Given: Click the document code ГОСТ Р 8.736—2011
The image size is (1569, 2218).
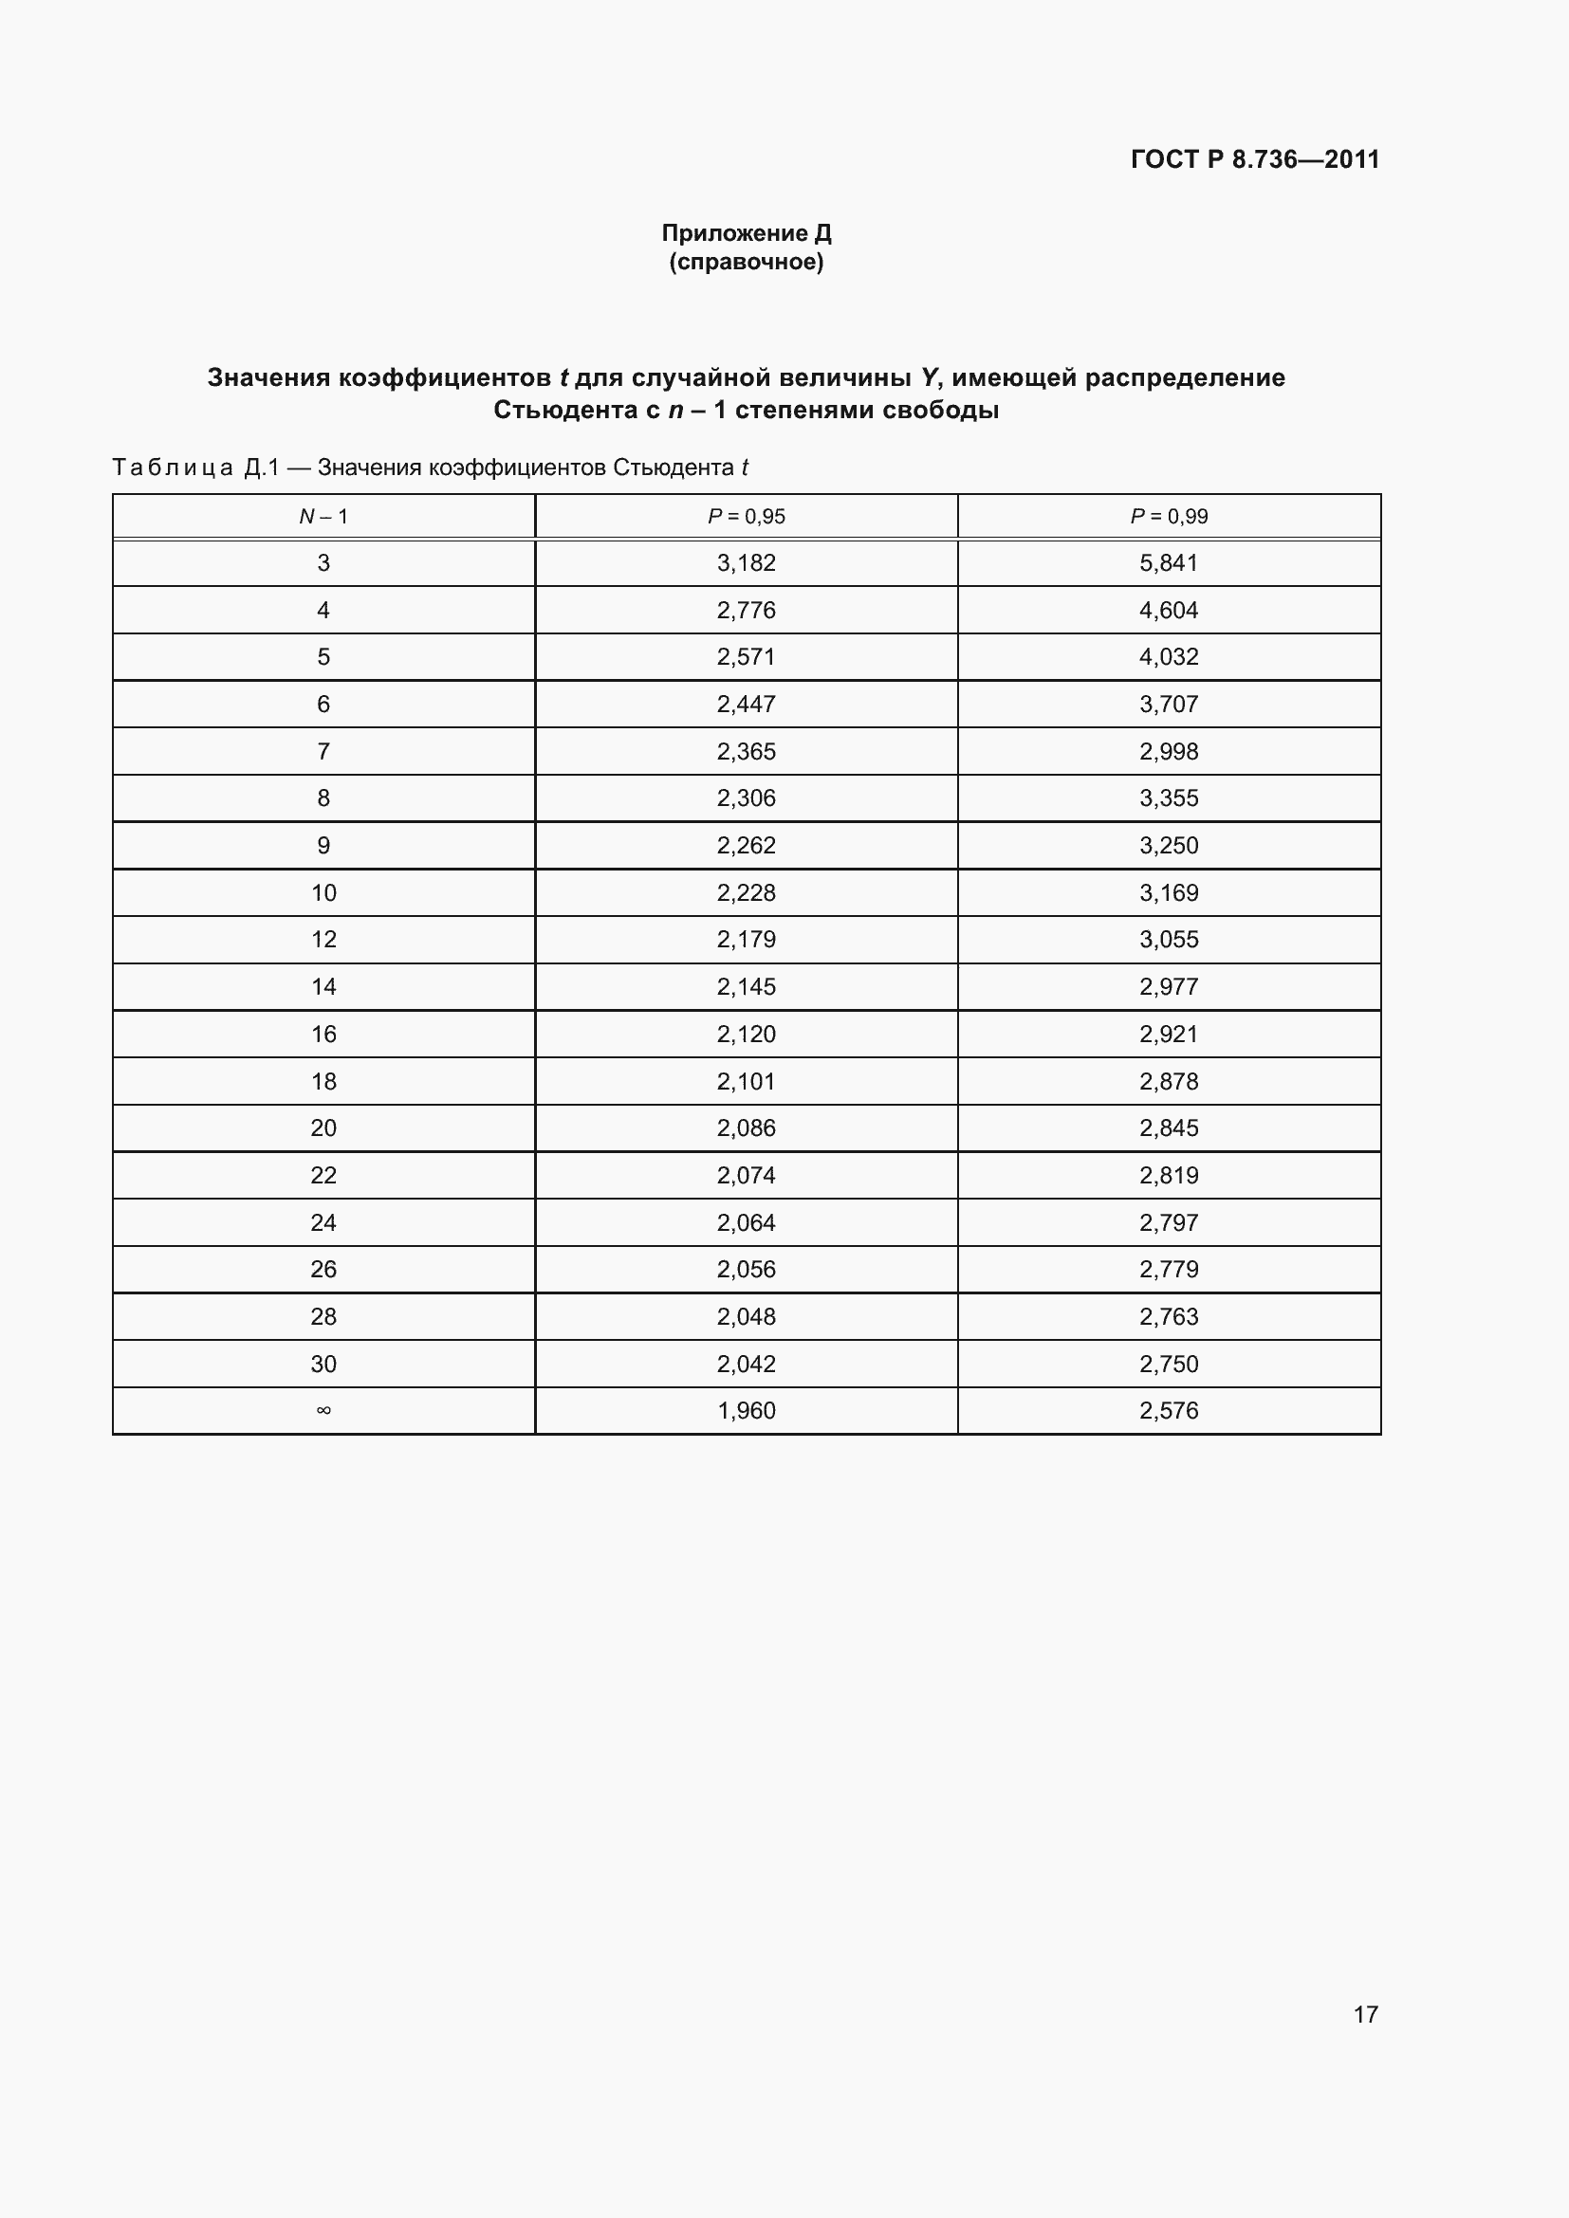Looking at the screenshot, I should point(1254,159).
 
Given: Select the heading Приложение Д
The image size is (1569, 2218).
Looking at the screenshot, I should point(746,233).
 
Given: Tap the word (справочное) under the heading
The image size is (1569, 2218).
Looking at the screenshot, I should point(746,262).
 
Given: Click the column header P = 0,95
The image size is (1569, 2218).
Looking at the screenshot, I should point(746,516).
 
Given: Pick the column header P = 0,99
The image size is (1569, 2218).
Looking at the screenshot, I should point(1168,516).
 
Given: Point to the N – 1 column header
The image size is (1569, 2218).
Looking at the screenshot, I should point(323,516).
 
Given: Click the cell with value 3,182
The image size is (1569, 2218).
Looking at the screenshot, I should point(746,563).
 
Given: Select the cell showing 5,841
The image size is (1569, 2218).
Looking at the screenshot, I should point(1168,563).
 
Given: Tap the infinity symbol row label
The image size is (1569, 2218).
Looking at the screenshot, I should point(323,1410).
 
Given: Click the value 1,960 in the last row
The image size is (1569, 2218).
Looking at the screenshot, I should point(746,1410).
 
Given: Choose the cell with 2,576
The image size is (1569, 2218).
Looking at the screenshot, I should point(1168,1410).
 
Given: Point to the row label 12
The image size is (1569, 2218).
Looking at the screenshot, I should point(323,939).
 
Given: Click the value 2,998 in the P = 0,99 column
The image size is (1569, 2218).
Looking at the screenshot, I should point(1168,752).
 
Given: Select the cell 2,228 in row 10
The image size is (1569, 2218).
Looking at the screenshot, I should point(746,892).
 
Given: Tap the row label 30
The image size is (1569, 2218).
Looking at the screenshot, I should point(323,1364).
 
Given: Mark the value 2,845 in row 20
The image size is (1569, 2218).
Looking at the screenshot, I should point(1168,1128).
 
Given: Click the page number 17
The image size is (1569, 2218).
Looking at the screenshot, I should point(1365,2014).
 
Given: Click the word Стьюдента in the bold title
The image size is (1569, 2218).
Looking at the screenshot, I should point(564,411).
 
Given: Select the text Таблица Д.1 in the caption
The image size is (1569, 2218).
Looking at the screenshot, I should point(195,467).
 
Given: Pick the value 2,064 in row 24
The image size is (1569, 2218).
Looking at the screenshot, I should point(746,1223).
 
